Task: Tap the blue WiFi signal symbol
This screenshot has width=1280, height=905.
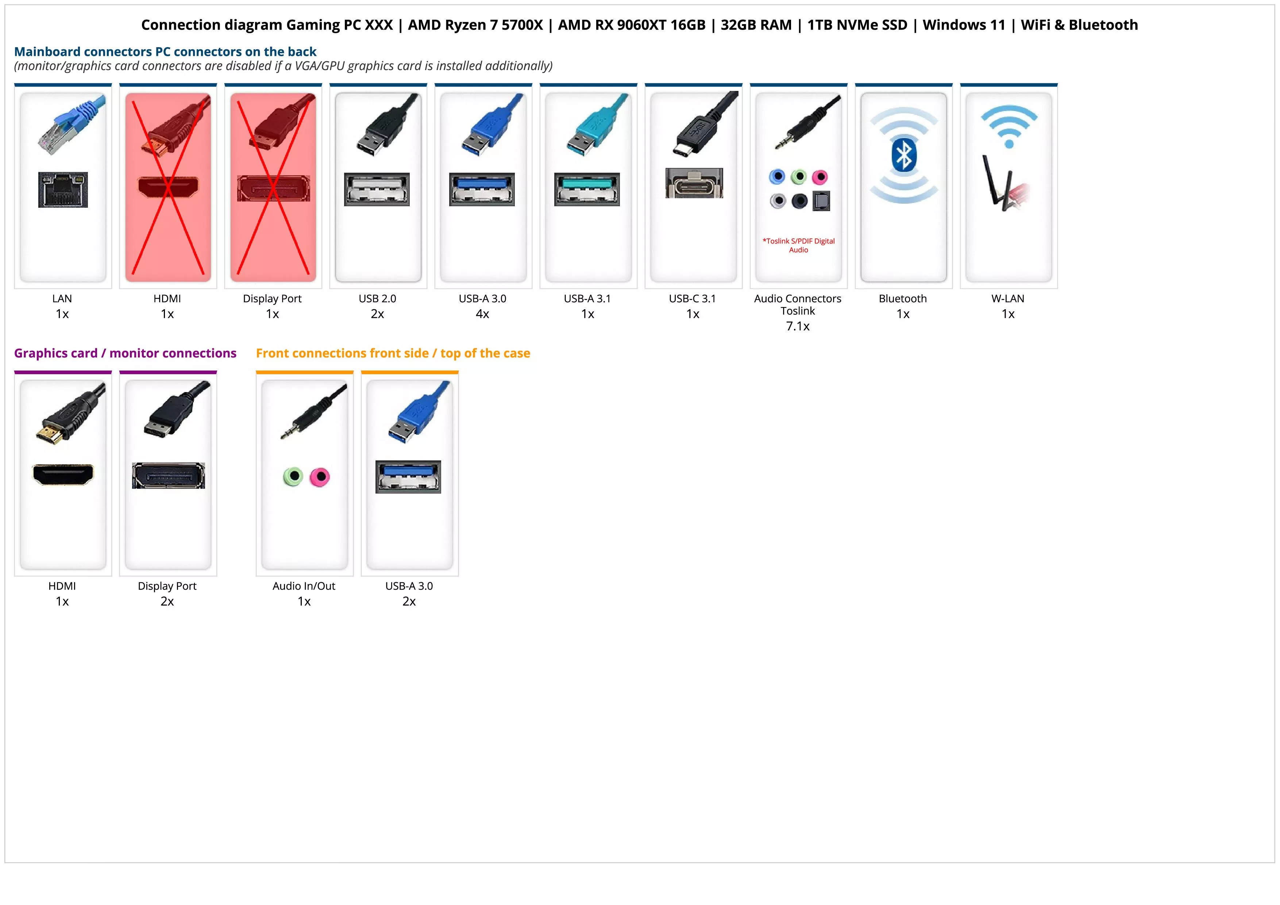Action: pyautogui.click(x=1009, y=126)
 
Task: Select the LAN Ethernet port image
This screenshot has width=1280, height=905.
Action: pyautogui.click(x=63, y=189)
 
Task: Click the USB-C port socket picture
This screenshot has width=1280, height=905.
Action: pyautogui.click(x=694, y=183)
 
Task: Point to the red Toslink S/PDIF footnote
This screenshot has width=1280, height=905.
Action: pyautogui.click(x=798, y=245)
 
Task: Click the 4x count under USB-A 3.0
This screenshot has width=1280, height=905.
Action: pyautogui.click(x=482, y=314)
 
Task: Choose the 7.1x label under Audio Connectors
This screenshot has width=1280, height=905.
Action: pyautogui.click(x=797, y=326)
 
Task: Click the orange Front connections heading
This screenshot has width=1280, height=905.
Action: pyautogui.click(x=393, y=353)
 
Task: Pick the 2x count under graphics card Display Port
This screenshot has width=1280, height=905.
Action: pyautogui.click(x=167, y=601)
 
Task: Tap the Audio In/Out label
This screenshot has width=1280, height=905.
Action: pyautogui.click(x=304, y=586)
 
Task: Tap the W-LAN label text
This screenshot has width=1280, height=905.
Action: pyautogui.click(x=1008, y=298)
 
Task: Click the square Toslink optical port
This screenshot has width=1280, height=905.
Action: pyautogui.click(x=821, y=201)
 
